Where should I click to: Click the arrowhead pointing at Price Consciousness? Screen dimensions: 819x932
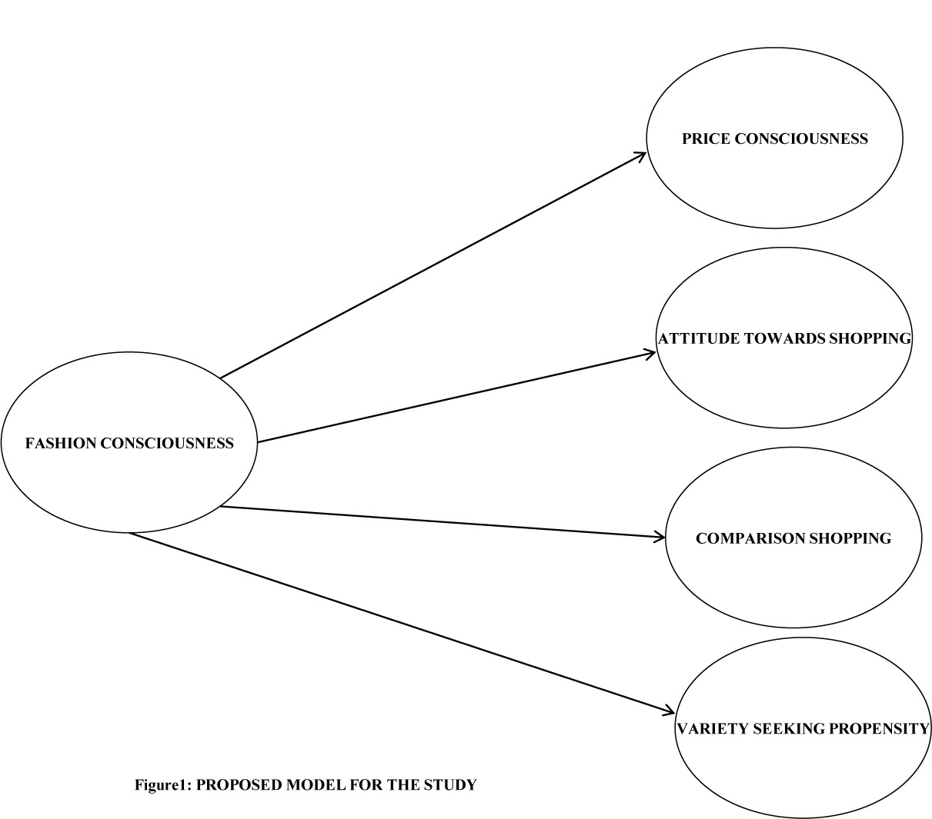642,155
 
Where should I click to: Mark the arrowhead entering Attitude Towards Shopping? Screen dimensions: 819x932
651,354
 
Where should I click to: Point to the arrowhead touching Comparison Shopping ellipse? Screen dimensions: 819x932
660,537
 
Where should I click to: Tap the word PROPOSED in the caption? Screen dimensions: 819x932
237,785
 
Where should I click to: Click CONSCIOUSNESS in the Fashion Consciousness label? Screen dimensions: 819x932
167,443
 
